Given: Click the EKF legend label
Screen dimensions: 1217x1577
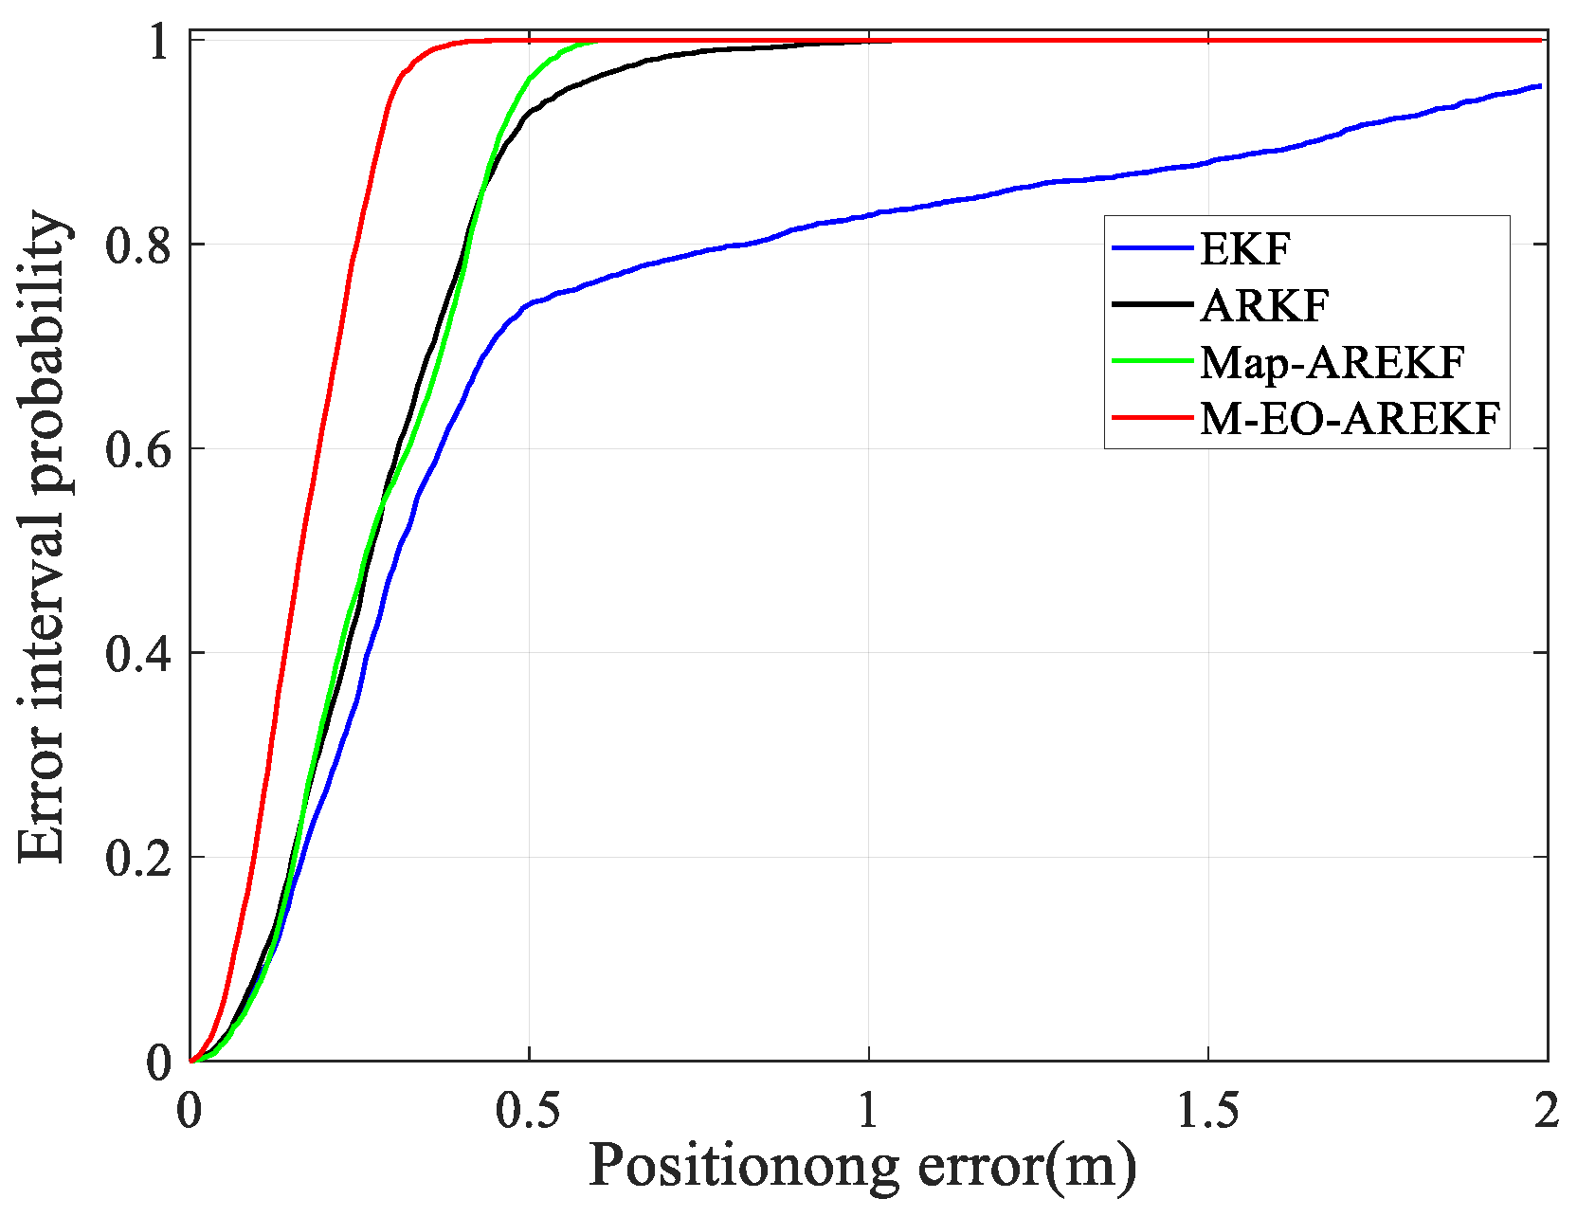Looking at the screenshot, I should click(x=1245, y=249).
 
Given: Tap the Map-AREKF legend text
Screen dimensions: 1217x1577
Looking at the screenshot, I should click(x=1332, y=362).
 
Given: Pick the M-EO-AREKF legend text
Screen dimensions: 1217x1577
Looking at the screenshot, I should click(x=1350, y=418).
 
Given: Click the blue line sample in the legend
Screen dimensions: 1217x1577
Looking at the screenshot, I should click(x=1151, y=248).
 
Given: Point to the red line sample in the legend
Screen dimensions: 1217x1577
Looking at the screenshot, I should click(x=1151, y=417).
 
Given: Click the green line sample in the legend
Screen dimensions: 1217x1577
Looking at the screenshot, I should click(x=1151, y=361).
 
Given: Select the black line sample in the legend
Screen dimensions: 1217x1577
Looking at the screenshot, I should click(x=1151, y=304).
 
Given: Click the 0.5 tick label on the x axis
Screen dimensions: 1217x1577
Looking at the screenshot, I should click(x=529, y=1110).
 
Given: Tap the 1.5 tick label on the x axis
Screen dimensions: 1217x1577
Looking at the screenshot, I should click(x=1208, y=1110).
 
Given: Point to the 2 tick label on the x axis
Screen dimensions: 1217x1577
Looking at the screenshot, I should click(x=1547, y=1110).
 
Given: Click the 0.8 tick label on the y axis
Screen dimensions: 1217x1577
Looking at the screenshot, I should click(x=140, y=245).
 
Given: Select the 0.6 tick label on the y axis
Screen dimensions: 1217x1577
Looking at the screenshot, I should click(x=140, y=448).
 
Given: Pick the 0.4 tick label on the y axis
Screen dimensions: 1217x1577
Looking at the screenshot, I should click(x=140, y=653).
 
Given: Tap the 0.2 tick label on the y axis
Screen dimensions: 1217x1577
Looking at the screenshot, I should click(x=140, y=858).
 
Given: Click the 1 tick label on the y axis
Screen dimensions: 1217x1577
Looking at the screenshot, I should click(x=159, y=42).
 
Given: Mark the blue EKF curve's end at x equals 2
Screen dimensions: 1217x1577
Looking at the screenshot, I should click(x=1541, y=86).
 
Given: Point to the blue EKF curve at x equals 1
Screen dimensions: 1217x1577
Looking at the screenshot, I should click(x=869, y=215).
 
